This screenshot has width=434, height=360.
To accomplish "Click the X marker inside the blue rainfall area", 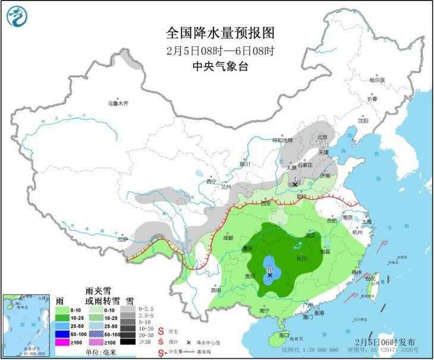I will pyautogui.click(x=270, y=275).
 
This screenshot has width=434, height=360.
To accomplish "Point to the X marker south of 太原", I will pyautogui.click(x=294, y=185).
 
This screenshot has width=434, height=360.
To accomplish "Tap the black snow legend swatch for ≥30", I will pyautogui.click(x=127, y=342).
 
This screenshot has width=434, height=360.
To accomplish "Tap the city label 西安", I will pyautogui.click(x=265, y=203).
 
